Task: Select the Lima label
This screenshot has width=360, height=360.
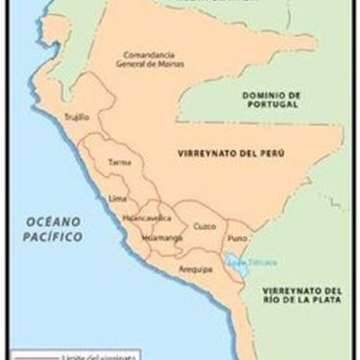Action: point(117,196)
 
